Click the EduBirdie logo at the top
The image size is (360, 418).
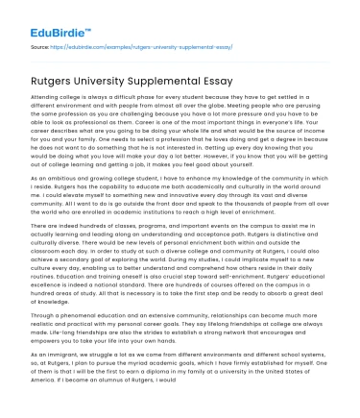(x=46, y=14)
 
